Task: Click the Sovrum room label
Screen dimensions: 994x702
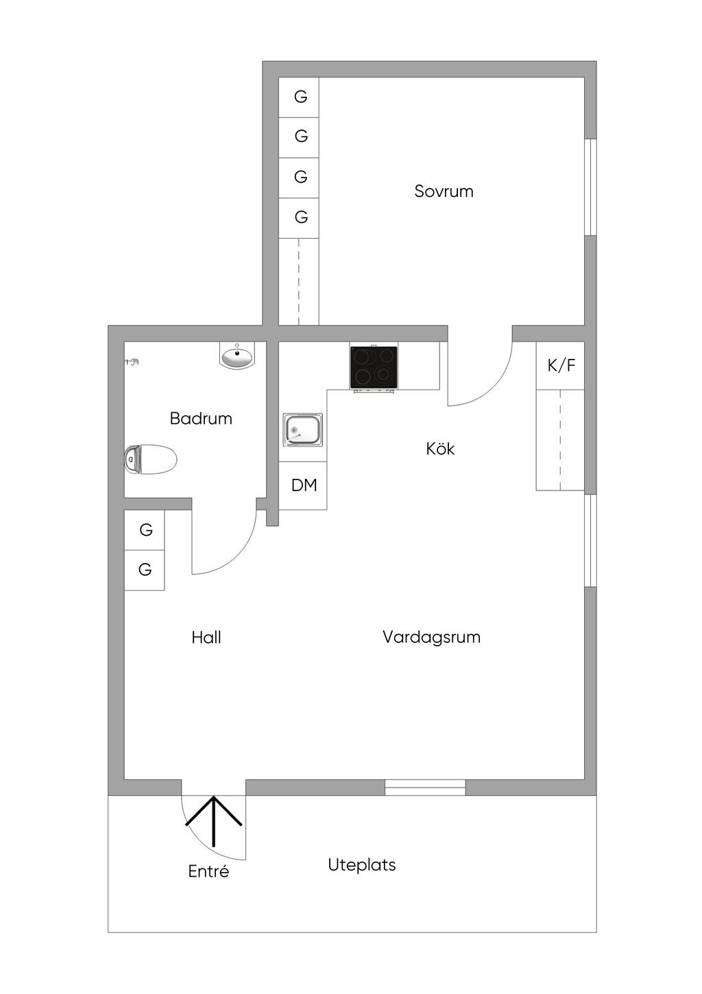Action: coord(444,191)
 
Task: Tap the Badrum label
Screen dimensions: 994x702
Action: coord(201,418)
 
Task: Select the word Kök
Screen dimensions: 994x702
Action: coord(440,449)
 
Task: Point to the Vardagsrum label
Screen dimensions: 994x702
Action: coord(431,637)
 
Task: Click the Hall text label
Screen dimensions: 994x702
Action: coord(206,638)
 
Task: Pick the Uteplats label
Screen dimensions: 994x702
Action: coord(362,865)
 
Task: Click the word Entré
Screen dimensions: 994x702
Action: coord(208,872)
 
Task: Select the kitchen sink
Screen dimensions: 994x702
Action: coord(303,430)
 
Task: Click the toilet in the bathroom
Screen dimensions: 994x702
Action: coord(151,459)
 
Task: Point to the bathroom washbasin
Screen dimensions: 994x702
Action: coord(237,356)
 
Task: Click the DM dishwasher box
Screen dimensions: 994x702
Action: coord(304,486)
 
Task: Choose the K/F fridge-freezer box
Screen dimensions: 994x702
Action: coord(561,366)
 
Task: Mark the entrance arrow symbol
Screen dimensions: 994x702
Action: coord(214,820)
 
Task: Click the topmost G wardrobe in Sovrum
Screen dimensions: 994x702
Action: coord(300,97)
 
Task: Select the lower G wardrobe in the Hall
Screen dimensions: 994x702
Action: coord(145,570)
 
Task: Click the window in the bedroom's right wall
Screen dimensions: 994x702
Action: coord(590,187)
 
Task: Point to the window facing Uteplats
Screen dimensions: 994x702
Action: coord(425,788)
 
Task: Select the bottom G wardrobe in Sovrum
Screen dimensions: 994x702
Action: coord(300,217)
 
